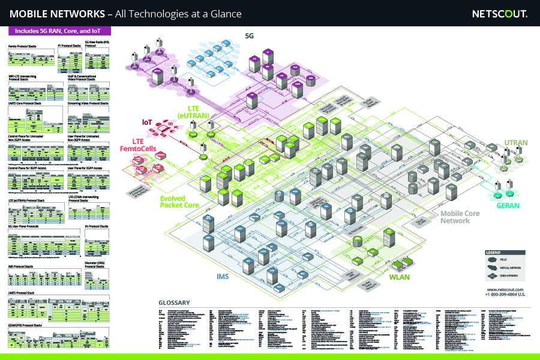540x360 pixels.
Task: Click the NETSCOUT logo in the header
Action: click(x=499, y=13)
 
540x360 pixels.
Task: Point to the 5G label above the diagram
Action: click(x=249, y=36)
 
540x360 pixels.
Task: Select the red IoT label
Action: click(x=147, y=122)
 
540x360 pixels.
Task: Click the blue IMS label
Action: click(x=223, y=277)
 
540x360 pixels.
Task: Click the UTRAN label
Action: click(x=516, y=143)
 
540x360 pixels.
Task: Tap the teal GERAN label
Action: click(x=508, y=206)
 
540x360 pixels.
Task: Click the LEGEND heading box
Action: click(x=493, y=253)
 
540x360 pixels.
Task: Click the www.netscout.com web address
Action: click(x=506, y=289)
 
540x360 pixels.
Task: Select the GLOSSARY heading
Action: click(x=174, y=302)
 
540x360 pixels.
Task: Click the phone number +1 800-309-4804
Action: click(x=506, y=295)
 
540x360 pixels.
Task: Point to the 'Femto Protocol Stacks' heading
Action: click(x=21, y=46)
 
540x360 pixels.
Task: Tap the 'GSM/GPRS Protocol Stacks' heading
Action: click(x=25, y=325)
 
